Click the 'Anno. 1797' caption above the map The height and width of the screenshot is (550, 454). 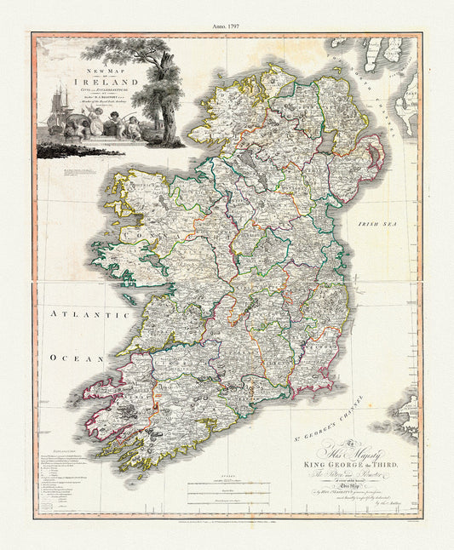coord(227,26)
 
